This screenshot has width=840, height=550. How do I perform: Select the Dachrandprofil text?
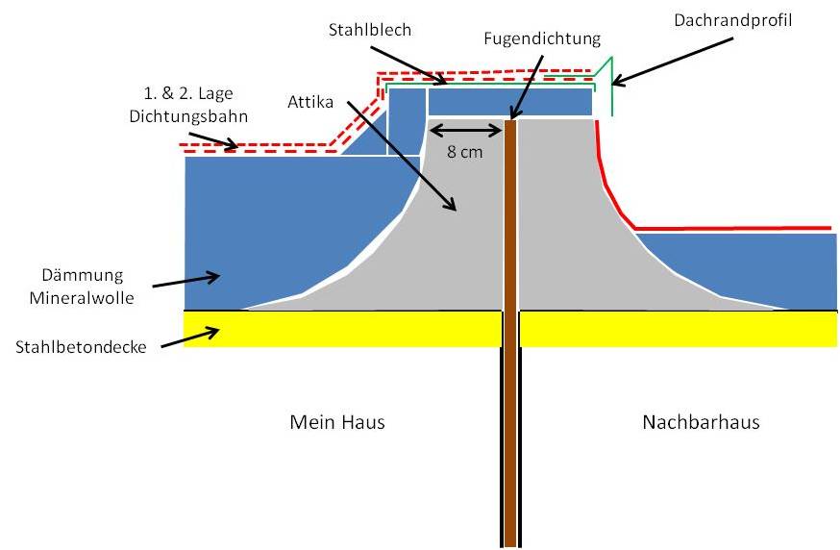pyautogui.click(x=727, y=17)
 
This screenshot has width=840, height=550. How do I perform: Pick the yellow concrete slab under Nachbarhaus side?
pyautogui.click(x=678, y=327)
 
